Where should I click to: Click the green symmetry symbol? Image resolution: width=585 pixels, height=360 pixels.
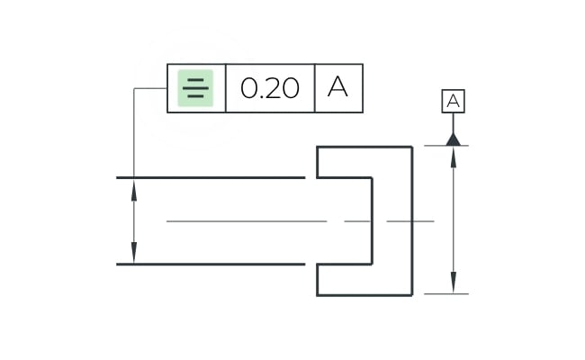point(195,88)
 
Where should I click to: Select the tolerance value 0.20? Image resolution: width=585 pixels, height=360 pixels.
point(270,88)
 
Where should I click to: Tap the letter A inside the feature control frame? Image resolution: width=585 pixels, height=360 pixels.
point(338,86)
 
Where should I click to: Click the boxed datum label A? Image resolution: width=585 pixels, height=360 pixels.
point(454,101)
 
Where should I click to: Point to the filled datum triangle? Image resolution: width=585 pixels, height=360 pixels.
point(454,139)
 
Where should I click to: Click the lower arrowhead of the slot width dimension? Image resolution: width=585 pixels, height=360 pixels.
point(134,253)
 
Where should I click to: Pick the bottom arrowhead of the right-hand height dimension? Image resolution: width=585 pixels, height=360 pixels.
point(454,283)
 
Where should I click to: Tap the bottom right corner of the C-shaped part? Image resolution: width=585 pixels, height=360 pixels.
point(412,295)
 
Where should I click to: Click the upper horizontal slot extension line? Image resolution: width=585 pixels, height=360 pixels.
point(211,177)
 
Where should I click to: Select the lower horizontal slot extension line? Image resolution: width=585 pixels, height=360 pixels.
point(211,264)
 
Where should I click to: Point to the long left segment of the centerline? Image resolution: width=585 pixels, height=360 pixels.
point(247,221)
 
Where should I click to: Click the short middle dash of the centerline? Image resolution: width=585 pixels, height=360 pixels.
point(357,221)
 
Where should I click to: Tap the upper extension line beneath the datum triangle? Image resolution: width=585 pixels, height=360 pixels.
point(446,146)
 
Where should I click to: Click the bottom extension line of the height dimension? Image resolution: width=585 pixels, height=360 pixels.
point(446,294)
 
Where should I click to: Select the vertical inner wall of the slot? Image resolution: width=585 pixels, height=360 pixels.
point(372,220)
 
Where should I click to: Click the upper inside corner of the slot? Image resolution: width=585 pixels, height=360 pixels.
point(372,177)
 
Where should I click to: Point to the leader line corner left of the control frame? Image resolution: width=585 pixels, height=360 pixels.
point(134,88)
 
